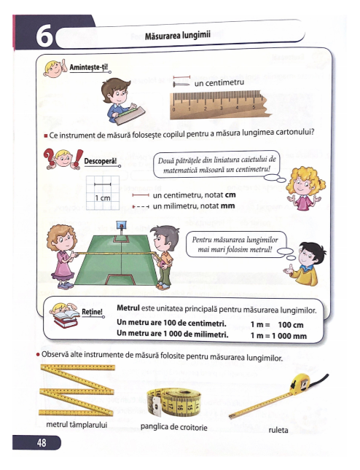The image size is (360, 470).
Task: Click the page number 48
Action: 42,442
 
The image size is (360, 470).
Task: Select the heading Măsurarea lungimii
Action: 178,36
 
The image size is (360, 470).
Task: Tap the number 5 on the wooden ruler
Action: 254,107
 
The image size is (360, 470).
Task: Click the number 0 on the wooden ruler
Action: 174,110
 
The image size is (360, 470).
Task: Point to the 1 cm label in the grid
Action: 103,197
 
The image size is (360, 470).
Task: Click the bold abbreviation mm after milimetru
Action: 227,206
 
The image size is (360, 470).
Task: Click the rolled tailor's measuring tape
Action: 174,402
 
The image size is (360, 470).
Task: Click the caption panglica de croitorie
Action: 174,427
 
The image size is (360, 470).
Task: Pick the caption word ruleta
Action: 278,430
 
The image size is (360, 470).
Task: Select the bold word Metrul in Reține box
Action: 128,308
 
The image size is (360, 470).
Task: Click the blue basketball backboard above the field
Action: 121,224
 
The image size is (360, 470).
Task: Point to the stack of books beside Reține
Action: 65,319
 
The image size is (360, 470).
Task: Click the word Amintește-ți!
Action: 88,67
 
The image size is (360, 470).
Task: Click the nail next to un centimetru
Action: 181,85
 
